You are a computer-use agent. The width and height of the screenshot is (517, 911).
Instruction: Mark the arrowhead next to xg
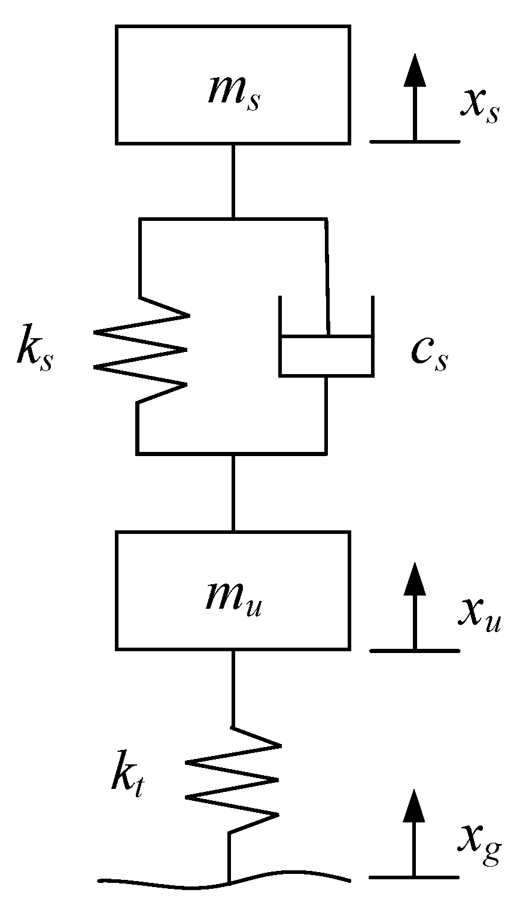pos(414,805)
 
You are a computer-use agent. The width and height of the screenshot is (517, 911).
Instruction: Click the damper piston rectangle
pos(326,356)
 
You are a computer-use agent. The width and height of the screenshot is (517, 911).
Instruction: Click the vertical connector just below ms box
pos(233,180)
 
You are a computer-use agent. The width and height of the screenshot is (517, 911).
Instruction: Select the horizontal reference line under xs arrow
pos(414,141)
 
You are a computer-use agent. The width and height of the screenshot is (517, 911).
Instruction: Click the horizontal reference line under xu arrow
pos(414,650)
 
